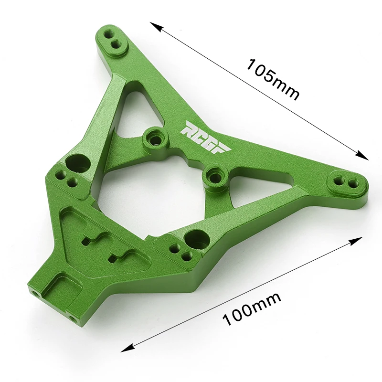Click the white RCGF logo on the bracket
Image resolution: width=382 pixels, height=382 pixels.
pyautogui.click(x=205, y=138)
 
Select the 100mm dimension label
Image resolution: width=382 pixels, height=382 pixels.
pyautogui.click(x=252, y=309)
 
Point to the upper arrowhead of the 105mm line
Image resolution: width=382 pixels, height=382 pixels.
pyautogui.click(x=156, y=27)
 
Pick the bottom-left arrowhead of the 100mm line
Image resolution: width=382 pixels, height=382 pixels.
pyautogui.click(x=127, y=348)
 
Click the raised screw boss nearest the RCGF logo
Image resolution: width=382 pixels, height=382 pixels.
pyautogui.click(x=155, y=138)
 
